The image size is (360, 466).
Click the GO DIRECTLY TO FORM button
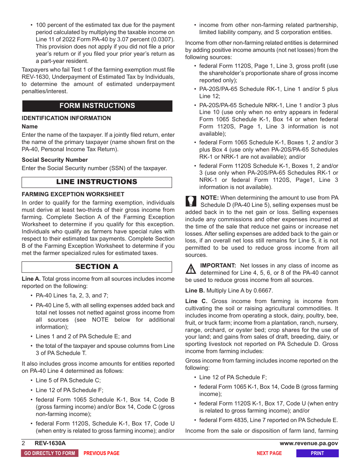pos(50,453)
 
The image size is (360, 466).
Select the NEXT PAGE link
pos(269,453)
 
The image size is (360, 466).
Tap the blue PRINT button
pos(317,453)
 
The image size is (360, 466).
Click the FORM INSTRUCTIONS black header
pos(97,106)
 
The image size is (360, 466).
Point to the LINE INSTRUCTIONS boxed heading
pos(97,182)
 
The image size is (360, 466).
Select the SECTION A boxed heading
pos(97,267)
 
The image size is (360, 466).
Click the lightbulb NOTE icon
pos(191,201)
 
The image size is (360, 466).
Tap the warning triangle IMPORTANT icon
pos(191,269)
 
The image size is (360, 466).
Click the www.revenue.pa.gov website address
pos(308,443)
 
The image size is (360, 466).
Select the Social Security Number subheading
pos(55,160)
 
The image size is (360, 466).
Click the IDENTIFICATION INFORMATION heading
pos(66,118)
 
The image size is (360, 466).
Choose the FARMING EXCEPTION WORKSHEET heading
pos(73,194)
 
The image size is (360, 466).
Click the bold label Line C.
pos(196,301)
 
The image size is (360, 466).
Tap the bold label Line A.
pos(31,279)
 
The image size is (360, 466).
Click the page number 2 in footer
pos(23,443)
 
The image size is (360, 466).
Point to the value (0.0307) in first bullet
pos(161,39)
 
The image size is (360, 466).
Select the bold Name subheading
pos(30,127)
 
